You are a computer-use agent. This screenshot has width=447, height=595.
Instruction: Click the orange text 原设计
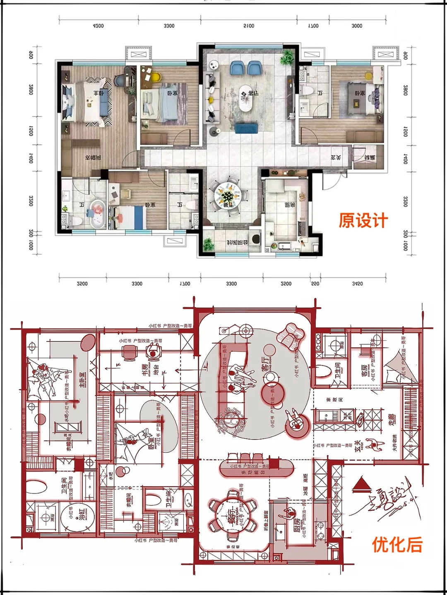point(363,220)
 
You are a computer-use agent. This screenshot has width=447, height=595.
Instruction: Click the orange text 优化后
point(397,545)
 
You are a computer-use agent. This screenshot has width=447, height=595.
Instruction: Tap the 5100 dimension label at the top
point(249,26)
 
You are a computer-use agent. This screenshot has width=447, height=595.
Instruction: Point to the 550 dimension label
point(315,284)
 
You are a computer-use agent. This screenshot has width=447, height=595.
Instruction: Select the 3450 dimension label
point(357,284)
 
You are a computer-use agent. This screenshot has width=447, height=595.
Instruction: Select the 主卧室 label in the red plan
point(83,379)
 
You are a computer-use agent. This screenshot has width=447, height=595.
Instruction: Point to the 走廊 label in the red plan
point(392,421)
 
